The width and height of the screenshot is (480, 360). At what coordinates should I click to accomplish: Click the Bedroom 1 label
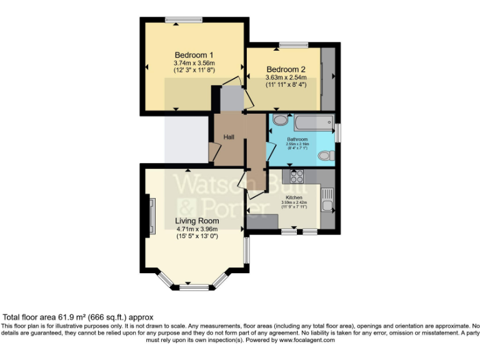tap(194, 55)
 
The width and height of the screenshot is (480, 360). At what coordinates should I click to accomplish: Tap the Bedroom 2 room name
tap(286, 69)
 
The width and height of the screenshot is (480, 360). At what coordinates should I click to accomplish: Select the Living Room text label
tap(197, 221)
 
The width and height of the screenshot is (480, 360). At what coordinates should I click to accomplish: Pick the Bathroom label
tap(297, 139)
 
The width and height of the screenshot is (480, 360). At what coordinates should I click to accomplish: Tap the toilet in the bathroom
tap(326, 156)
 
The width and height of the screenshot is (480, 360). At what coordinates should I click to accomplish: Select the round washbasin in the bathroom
tap(280, 120)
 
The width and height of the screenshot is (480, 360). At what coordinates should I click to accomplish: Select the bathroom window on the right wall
tap(337, 132)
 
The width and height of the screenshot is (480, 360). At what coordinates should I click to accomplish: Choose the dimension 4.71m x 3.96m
tap(197, 229)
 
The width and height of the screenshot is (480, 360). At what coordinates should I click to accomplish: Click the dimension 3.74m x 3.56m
tap(194, 63)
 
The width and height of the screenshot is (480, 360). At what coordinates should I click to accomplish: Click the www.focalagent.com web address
tap(307, 340)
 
